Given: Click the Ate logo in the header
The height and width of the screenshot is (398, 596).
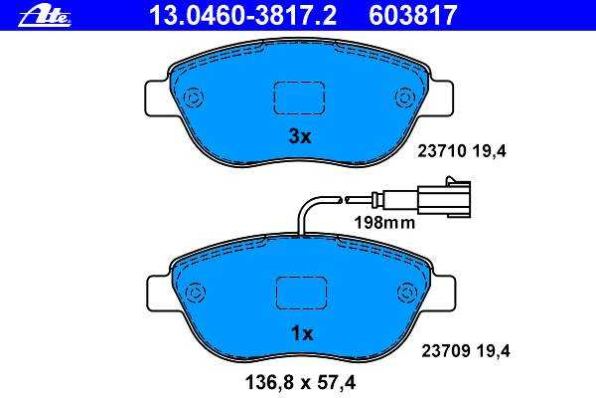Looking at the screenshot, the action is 44,18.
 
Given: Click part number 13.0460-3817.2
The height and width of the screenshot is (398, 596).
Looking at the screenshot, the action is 243,15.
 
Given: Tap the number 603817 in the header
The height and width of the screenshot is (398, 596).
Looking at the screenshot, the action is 412,15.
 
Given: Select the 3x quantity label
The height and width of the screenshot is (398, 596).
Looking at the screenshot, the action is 300,136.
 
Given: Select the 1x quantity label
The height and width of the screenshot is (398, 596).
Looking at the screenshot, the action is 302,333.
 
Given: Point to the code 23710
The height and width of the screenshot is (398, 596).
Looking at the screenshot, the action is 442,151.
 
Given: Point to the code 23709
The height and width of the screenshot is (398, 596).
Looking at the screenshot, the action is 445,351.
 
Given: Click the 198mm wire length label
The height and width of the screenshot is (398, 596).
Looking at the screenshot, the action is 384,223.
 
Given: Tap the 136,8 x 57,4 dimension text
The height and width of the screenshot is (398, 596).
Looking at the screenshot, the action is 301,382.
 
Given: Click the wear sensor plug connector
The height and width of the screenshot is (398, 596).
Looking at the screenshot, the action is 444,199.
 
